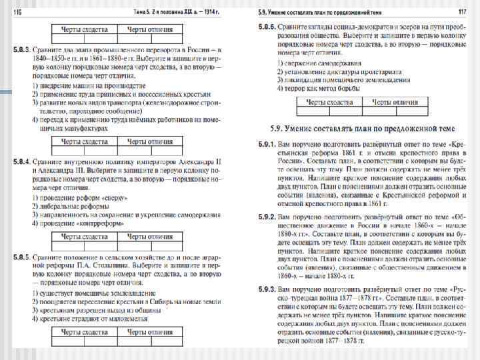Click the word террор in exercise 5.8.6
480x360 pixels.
point(293,89)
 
